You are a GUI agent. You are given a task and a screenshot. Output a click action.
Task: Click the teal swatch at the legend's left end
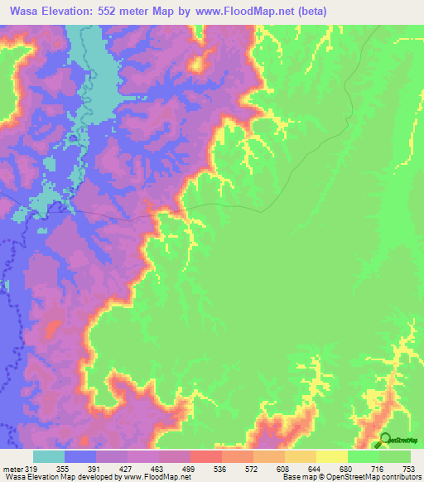(x=49, y=456)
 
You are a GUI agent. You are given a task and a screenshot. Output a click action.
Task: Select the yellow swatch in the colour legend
(x=332, y=456)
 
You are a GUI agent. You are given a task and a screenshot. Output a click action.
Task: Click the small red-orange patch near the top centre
(x=198, y=62)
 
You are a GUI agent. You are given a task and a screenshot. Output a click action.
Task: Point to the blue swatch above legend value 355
(x=80, y=456)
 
